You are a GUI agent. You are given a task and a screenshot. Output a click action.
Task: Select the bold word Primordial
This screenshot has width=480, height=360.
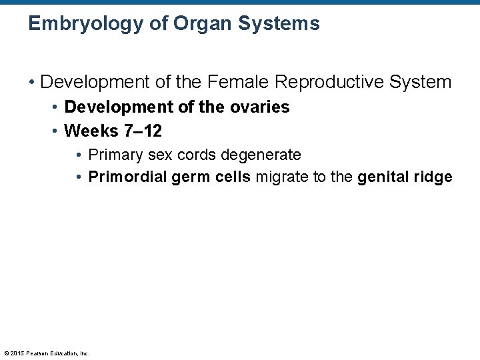pos(125,177)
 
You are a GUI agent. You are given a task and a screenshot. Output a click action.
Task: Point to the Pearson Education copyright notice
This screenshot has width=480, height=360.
pos(47,353)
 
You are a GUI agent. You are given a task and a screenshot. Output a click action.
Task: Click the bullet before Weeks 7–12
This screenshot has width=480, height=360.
pos(55,131)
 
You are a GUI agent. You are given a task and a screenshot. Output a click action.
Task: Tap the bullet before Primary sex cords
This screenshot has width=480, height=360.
pos(79,155)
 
